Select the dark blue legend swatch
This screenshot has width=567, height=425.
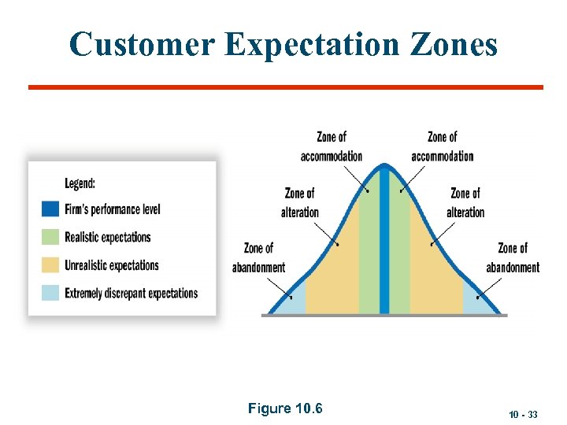[50, 209]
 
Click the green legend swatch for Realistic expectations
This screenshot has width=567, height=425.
[50, 237]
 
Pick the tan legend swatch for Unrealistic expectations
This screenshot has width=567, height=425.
[50, 265]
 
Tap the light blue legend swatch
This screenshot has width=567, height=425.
[50, 293]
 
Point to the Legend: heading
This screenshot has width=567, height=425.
[80, 183]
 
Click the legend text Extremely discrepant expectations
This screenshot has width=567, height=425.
[131, 293]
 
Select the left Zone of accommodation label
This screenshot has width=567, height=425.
[332, 146]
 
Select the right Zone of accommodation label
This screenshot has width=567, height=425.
[442, 146]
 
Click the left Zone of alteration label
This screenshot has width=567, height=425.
[299, 202]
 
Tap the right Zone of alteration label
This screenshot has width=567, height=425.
[465, 202]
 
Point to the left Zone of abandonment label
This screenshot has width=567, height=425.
[258, 258]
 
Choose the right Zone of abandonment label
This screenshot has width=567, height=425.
[513, 258]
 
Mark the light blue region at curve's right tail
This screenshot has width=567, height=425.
[475, 302]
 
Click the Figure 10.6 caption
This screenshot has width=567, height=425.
[285, 408]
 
